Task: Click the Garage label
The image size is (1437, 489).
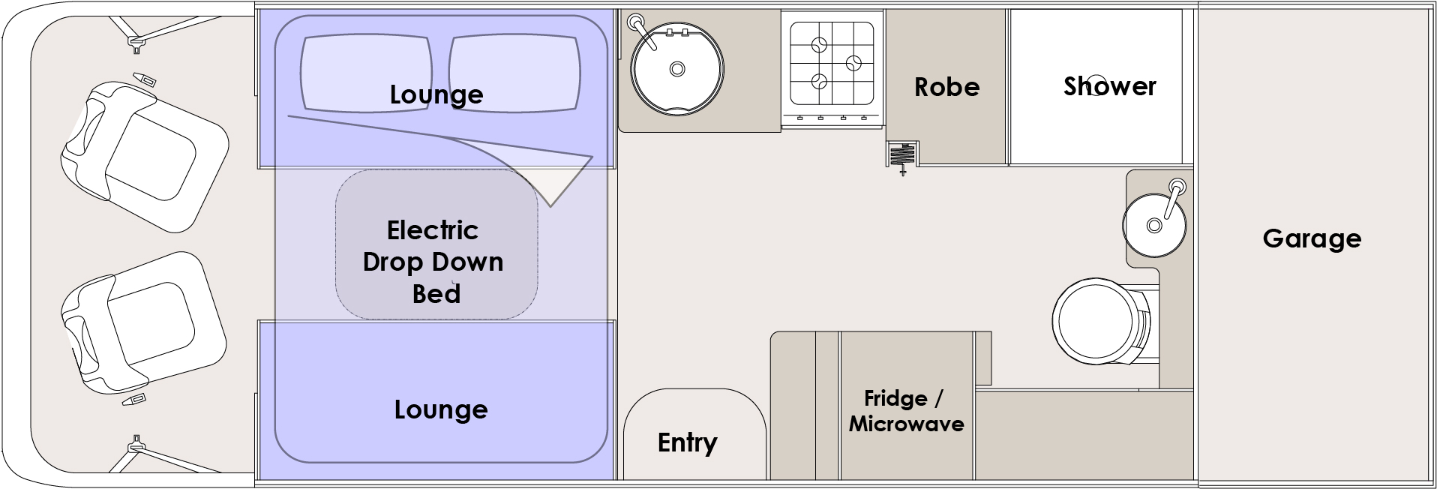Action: [1312, 238]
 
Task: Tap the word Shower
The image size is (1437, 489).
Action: [1109, 86]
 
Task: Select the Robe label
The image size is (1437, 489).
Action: [946, 87]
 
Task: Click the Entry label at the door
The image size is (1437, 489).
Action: [687, 442]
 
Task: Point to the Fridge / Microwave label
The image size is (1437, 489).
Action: [906, 411]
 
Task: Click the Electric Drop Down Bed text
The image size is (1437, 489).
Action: [433, 261]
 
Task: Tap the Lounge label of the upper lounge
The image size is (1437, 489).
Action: [436, 94]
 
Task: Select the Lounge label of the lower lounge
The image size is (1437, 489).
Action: [441, 409]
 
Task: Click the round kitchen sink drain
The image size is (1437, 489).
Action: [676, 69]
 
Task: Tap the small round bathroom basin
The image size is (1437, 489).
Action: [1154, 223]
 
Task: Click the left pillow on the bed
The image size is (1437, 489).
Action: [366, 73]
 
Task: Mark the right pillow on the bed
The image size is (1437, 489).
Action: [514, 73]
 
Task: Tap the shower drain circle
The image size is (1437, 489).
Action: [1096, 82]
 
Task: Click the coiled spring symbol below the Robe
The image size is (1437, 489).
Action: [902, 157]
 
